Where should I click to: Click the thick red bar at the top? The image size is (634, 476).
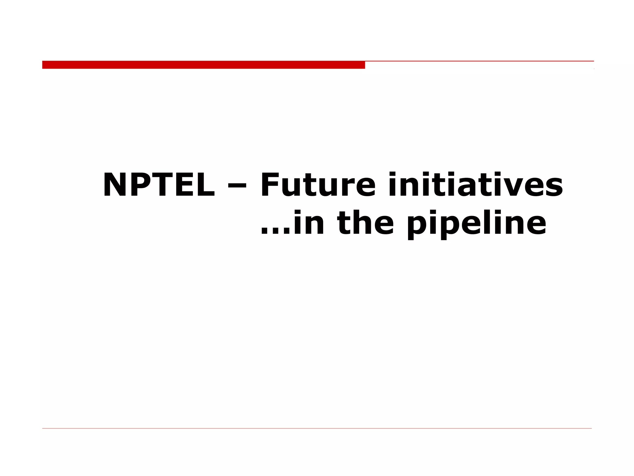tap(203, 65)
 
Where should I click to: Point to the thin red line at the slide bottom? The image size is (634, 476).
tap(317, 428)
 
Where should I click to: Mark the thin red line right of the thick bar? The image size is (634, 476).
tap(479, 61)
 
